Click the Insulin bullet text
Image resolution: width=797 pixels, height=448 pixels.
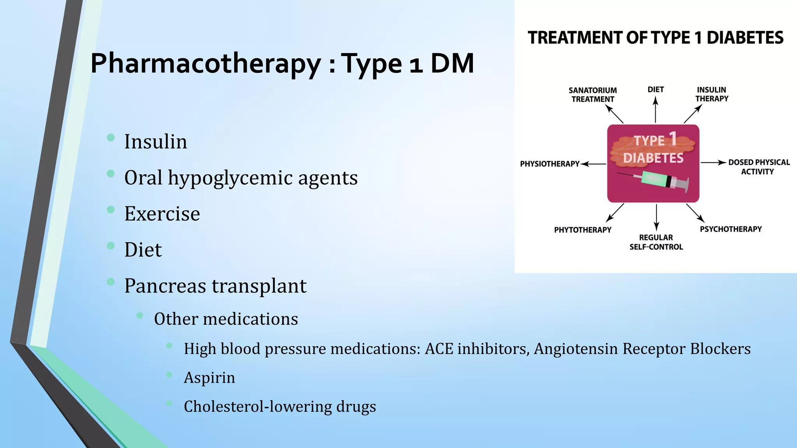point(156,142)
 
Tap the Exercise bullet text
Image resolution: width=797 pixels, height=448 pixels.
point(162,214)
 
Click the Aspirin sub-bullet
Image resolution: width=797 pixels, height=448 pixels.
point(209,378)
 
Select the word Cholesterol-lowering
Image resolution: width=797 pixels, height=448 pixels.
point(257,407)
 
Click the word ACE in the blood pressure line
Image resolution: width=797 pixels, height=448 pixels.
point(439,349)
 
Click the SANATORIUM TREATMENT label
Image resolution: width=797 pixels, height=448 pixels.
point(593,94)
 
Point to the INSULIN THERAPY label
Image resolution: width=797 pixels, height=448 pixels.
point(711,94)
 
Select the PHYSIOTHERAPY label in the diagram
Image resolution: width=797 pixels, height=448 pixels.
point(549,164)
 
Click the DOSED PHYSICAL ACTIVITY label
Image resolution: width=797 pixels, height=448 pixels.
point(758,167)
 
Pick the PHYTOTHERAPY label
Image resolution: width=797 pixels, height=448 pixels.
point(583,230)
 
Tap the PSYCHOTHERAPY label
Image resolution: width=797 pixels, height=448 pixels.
point(730,229)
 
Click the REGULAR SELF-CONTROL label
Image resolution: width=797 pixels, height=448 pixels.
point(656,242)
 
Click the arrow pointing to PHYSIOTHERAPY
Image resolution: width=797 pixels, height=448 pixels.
point(593,164)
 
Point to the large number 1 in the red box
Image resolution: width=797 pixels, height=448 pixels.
point(673,139)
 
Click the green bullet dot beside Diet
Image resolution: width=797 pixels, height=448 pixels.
point(111,245)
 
